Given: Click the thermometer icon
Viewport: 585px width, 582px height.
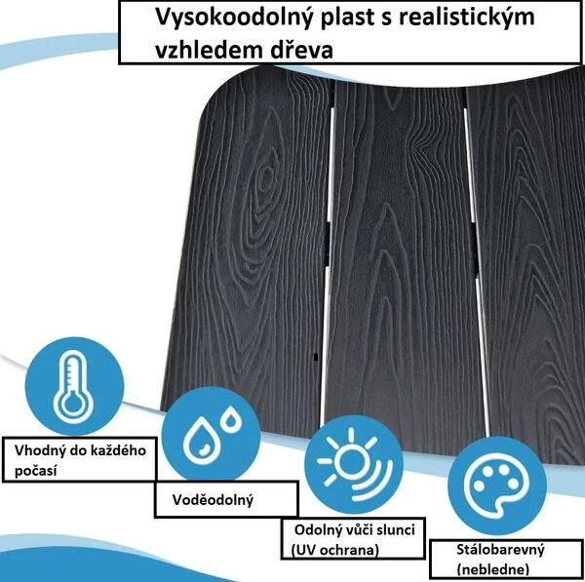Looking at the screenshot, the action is pos(74,386).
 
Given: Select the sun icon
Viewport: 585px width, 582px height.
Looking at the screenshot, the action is pos(354,464).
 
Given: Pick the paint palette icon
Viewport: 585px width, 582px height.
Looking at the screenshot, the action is pos(497,486).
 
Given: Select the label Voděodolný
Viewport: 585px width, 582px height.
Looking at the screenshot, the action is pos(213,500).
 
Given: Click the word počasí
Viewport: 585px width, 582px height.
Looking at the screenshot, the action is pos(36,471).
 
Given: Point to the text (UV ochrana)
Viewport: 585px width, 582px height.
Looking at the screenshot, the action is pos(334,550).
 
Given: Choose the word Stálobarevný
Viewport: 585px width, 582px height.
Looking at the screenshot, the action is pos(500,550).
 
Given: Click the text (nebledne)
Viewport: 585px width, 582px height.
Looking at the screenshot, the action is pos(492,569).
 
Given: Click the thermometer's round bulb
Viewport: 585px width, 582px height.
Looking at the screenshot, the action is pos(73,404).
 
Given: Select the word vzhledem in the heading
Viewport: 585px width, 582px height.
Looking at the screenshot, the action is pos(208,50).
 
